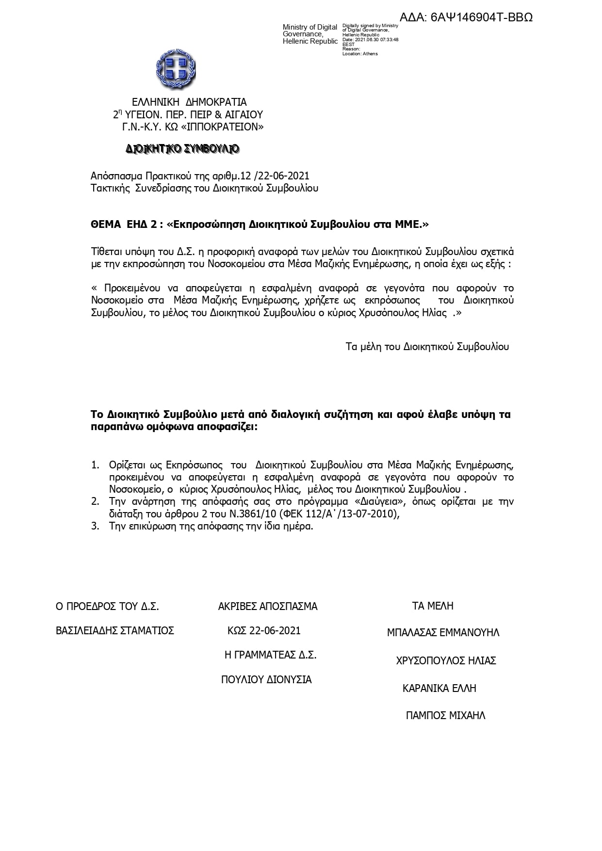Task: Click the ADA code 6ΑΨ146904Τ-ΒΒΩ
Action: click(466, 17)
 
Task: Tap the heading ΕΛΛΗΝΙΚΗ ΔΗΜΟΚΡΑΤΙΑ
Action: click(189, 102)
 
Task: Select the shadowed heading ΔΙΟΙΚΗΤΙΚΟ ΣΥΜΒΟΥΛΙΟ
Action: click(182, 149)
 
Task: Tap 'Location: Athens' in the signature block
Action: click(360, 54)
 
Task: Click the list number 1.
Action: click(95, 465)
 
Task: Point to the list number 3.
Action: click(95, 526)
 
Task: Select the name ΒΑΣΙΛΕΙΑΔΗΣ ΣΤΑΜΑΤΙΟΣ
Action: click(115, 631)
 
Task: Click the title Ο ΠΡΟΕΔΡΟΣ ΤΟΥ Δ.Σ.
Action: click(107, 607)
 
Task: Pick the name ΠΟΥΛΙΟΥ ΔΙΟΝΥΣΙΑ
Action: click(266, 680)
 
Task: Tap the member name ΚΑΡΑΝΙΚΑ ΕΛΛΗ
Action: click(439, 689)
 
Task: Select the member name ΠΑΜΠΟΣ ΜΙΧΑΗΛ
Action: click(445, 716)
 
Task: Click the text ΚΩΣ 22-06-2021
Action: click(264, 631)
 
